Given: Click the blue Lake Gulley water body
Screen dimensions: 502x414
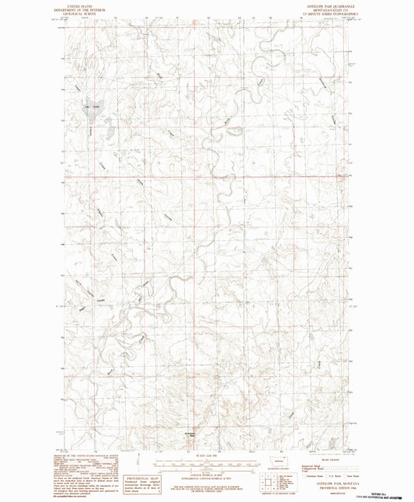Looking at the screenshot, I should [x=91, y=110].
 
